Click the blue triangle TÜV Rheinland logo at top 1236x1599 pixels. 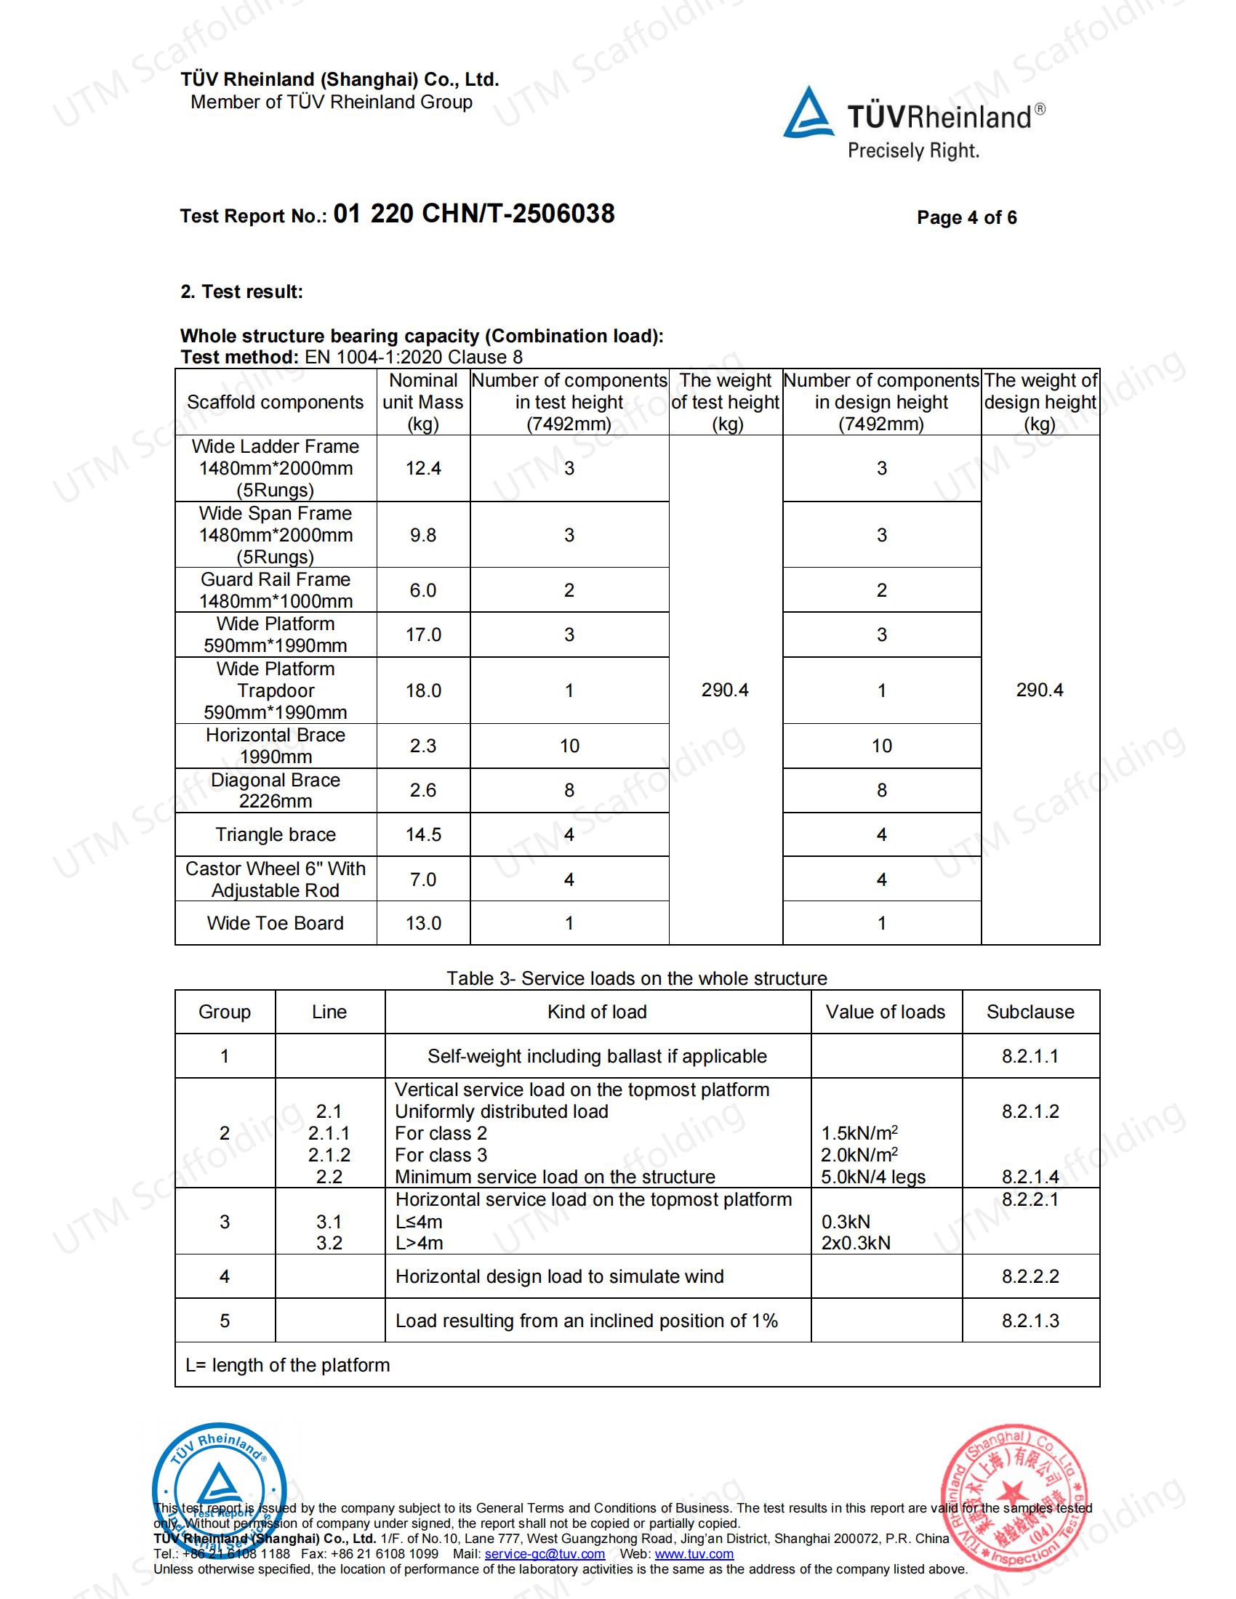808,113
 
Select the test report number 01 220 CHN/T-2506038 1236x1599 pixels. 474,214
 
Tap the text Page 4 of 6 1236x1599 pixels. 966,217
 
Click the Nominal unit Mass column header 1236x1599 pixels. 422,402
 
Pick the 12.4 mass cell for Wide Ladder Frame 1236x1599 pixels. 422,469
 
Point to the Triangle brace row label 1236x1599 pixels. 276,834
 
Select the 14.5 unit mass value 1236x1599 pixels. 422,834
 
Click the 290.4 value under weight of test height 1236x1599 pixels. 725,690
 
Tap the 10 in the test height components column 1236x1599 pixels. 569,746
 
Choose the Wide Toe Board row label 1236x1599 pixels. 276,923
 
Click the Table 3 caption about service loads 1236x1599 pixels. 636,978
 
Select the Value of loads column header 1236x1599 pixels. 886,1012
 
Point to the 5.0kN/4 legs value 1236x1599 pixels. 872,1177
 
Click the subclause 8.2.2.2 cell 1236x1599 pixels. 1030,1276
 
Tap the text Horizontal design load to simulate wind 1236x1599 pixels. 559,1276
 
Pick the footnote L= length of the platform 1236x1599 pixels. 287,1365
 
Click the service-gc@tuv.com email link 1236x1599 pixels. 544,1554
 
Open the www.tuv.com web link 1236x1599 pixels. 694,1554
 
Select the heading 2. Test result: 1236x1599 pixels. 241,291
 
